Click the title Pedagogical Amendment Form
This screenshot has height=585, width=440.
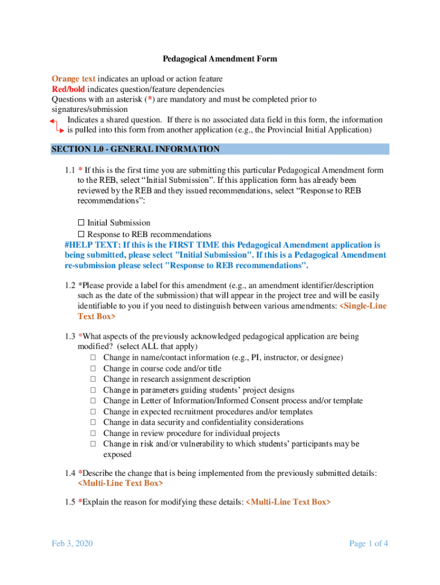coord(220,59)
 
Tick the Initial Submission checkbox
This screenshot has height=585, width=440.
coord(81,223)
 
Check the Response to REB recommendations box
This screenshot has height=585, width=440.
coord(81,234)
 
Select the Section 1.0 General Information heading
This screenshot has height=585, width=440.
coord(135,149)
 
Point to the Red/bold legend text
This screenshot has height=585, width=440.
coord(69,89)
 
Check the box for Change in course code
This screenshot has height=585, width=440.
coord(93,368)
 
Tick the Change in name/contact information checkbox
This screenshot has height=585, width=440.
coord(93,358)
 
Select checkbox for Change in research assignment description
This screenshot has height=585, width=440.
coord(93,379)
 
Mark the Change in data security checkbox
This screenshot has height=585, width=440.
coord(93,423)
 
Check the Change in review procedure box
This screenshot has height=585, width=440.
coord(93,434)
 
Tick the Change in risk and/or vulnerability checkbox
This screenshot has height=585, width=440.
coord(93,444)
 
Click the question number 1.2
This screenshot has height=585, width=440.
coord(70,285)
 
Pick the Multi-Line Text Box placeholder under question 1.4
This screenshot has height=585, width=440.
coord(120,483)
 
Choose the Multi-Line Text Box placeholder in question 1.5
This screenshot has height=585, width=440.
coord(287,502)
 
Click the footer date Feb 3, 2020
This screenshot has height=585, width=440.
coord(71,543)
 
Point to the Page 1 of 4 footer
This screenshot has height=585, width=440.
coord(369,543)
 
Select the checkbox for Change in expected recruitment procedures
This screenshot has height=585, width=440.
coord(93,412)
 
